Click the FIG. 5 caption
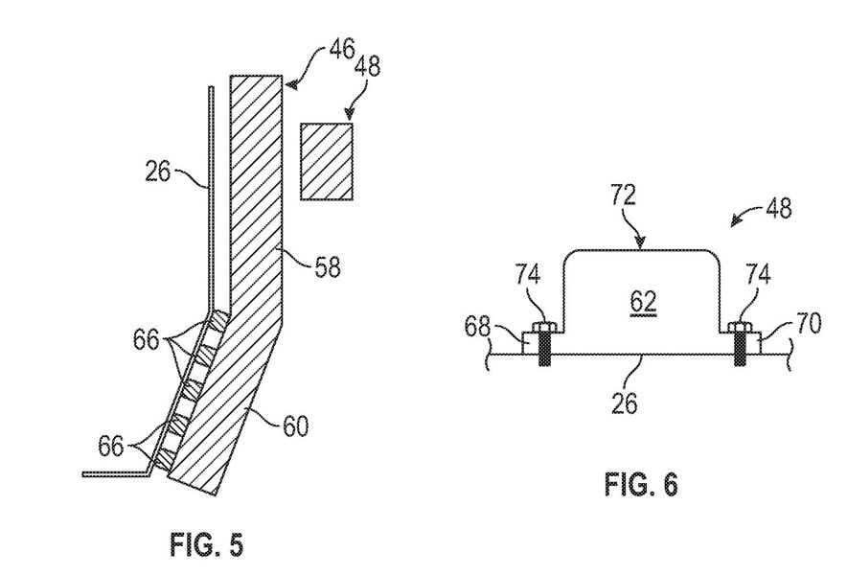(207, 543)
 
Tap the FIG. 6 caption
(641, 484)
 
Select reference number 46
(341, 50)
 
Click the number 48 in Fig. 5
(367, 66)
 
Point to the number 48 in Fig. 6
(779, 207)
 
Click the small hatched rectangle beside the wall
(327, 162)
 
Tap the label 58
(328, 266)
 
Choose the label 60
(295, 425)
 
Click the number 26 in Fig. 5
(158, 172)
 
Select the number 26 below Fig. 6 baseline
(625, 402)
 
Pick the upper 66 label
(147, 340)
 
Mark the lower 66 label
(111, 447)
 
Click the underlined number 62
(643, 302)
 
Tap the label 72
(624, 195)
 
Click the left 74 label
(528, 274)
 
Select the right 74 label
(758, 274)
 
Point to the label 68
(477, 328)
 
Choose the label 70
(808, 323)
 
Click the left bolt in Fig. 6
(543, 344)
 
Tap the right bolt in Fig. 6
(740, 344)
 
